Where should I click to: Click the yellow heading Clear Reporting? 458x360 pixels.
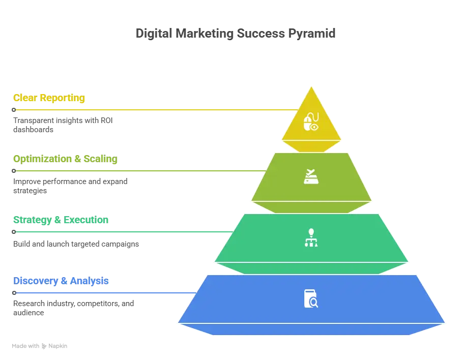pos(49,98)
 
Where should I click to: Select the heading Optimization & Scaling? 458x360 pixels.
pos(65,159)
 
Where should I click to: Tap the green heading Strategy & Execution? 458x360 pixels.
pos(61,220)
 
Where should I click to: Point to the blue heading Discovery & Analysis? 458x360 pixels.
pos(61,281)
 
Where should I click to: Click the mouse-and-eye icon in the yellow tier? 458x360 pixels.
pos(311,122)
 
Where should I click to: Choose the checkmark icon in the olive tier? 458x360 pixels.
pos(311,177)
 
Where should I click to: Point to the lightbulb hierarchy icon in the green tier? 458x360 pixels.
pos(311,238)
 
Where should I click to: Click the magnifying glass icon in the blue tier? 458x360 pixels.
pos(311,299)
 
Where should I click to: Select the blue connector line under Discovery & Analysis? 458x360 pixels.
pos(102,293)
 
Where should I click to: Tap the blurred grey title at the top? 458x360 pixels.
pos(235,34)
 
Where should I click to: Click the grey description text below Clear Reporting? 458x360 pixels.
pos(62,124)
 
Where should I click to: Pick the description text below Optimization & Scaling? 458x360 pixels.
pos(70,185)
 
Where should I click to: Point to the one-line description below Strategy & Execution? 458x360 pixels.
pos(76,244)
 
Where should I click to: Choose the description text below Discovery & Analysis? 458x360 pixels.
pos(72,307)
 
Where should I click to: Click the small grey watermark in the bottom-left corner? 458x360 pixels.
pos(40,346)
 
